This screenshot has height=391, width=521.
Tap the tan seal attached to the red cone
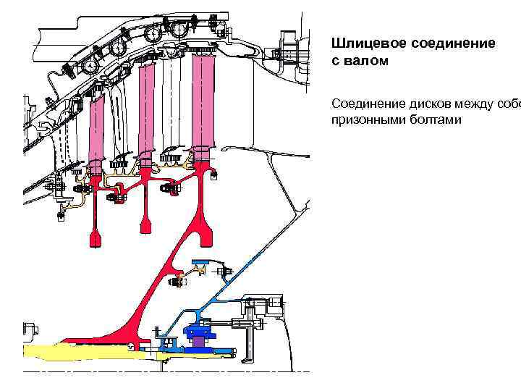200,269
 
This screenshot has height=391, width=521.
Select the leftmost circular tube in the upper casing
92,66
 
